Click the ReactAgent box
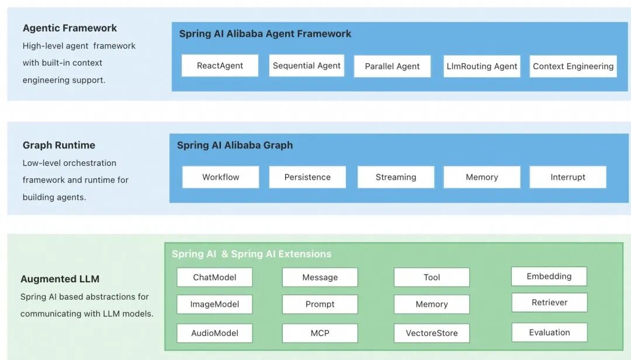tap(220, 66)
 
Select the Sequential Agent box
tap(307, 65)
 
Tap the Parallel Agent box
tap(392, 67)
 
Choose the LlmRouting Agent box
tap(482, 67)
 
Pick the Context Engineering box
tap(573, 67)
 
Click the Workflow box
tap(220, 177)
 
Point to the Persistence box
tap(307, 177)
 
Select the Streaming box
tap(396, 177)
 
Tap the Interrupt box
tap(567, 177)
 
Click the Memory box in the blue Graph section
tap(482, 177)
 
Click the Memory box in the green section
tap(431, 304)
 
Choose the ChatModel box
tap(214, 277)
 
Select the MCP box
tap(320, 333)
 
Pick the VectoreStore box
tap(431, 333)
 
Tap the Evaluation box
tap(549, 333)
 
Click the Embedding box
tap(549, 276)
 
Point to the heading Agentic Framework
tap(70, 28)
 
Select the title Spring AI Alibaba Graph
tap(235, 145)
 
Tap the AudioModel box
tap(214, 333)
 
